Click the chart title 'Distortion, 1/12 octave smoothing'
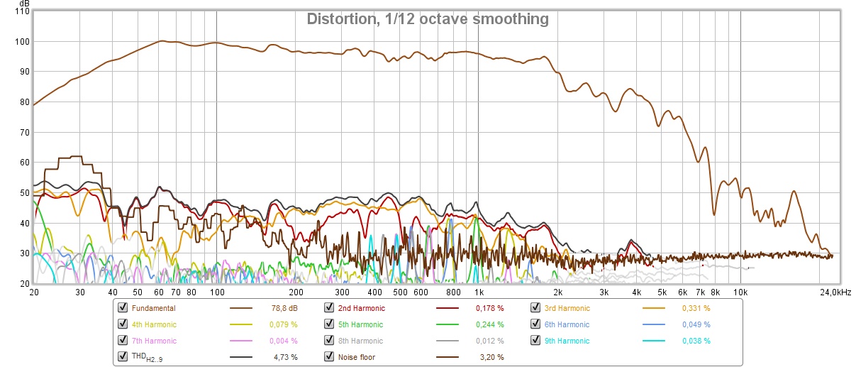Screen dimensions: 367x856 [x=428, y=19]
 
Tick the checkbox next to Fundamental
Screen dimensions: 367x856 [x=123, y=308]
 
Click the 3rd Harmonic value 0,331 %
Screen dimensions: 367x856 [x=696, y=308]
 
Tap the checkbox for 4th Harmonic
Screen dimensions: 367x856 [x=123, y=324]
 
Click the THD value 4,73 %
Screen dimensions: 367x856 [x=286, y=357]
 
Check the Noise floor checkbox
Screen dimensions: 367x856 [x=329, y=357]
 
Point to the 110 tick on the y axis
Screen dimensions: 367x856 [x=22, y=11]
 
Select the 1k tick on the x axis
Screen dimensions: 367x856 [x=479, y=292]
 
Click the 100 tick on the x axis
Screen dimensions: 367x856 [x=216, y=292]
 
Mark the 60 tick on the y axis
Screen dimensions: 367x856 [x=24, y=163]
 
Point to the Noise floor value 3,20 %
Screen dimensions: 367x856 [x=490, y=357]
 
